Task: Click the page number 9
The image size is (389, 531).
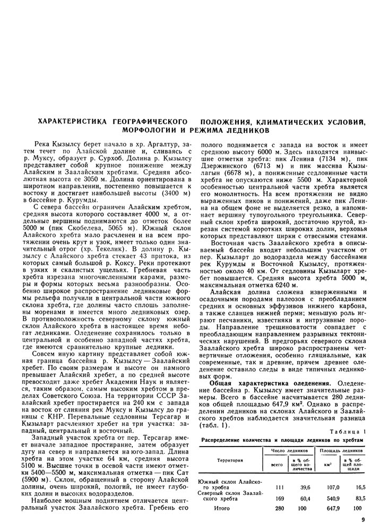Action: [x=362, y=520]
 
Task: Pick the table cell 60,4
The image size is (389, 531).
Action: [x=304, y=499]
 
